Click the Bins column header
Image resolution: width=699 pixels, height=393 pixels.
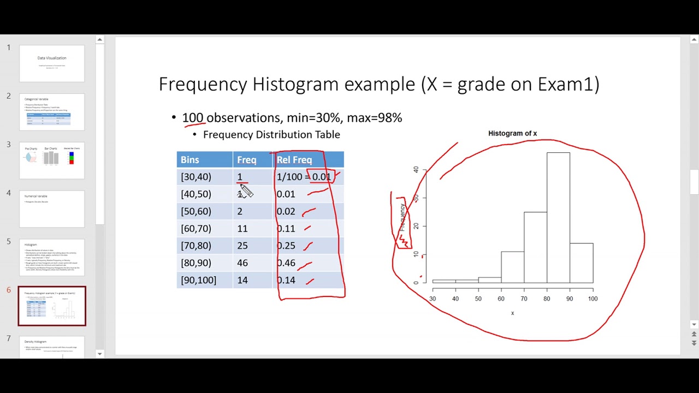pyautogui.click(x=190, y=159)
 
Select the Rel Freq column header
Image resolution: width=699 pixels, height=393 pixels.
pyautogui.click(x=294, y=159)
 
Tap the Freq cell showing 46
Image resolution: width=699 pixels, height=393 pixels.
pyautogui.click(x=242, y=263)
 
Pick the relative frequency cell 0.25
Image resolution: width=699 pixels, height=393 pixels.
pyautogui.click(x=286, y=246)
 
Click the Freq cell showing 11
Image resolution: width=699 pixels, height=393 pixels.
pyautogui.click(x=242, y=228)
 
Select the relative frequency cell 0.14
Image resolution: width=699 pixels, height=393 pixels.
pyautogui.click(x=286, y=280)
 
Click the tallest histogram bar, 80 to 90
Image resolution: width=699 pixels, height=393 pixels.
pyautogui.click(x=558, y=218)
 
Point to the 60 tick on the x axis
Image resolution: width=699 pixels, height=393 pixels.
pyautogui.click(x=501, y=299)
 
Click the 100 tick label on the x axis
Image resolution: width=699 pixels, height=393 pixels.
pyautogui.click(x=593, y=299)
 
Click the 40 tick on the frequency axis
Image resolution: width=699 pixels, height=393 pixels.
pyautogui.click(x=416, y=170)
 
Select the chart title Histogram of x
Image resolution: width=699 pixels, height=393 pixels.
pyautogui.click(x=512, y=133)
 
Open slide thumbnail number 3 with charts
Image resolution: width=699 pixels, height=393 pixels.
pyautogui.click(x=52, y=160)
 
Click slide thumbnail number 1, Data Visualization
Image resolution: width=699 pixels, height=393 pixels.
pyautogui.click(x=52, y=63)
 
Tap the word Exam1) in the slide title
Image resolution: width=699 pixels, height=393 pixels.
pyautogui.click(x=568, y=84)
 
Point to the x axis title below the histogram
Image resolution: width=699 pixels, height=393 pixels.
pyautogui.click(x=512, y=313)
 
